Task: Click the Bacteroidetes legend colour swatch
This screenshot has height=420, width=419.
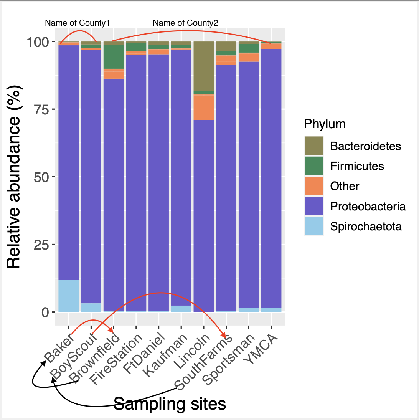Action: (313, 146)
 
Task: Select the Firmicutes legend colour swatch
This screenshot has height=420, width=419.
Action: (313, 166)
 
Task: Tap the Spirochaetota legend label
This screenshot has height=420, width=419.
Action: (366, 226)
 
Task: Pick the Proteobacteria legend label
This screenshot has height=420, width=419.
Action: (368, 206)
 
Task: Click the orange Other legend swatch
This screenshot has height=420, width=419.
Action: (313, 186)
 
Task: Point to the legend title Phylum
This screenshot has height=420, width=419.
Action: (324, 124)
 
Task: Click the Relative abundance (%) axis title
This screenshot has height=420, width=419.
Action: (14, 177)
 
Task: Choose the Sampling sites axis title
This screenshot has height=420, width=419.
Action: (170, 404)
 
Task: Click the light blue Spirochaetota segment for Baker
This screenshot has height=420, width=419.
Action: (68, 296)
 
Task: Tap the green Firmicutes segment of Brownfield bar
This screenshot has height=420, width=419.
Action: (114, 57)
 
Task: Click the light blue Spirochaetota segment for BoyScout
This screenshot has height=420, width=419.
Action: (91, 308)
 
